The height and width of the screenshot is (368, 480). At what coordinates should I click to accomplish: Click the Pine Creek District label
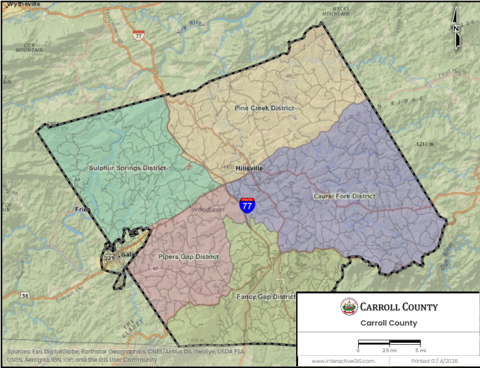click(x=264, y=108)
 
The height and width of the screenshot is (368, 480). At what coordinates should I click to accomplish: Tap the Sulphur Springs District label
click(x=128, y=168)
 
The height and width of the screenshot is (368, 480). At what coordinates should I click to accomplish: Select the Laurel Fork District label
click(x=344, y=196)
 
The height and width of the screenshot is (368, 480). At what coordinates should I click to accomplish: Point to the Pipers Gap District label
click(x=188, y=257)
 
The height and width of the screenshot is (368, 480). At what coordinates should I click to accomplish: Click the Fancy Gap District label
click(x=266, y=297)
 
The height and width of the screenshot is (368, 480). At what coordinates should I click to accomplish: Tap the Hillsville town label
click(x=249, y=169)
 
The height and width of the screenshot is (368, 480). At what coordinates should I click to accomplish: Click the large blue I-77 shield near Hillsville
click(x=248, y=205)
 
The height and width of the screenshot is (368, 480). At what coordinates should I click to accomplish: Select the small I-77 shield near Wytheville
click(x=138, y=35)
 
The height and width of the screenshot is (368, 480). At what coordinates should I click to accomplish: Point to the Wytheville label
click(x=23, y=4)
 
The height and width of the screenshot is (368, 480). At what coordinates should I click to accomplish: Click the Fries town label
click(x=83, y=209)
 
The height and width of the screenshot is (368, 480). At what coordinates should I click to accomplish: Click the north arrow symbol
click(x=456, y=29)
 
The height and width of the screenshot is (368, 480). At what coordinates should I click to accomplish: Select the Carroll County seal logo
click(x=348, y=307)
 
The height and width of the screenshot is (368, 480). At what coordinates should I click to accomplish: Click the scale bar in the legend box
click(x=389, y=342)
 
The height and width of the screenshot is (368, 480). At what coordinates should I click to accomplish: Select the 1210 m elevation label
click(x=426, y=145)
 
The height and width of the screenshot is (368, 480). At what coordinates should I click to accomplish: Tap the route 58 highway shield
click(x=25, y=295)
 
